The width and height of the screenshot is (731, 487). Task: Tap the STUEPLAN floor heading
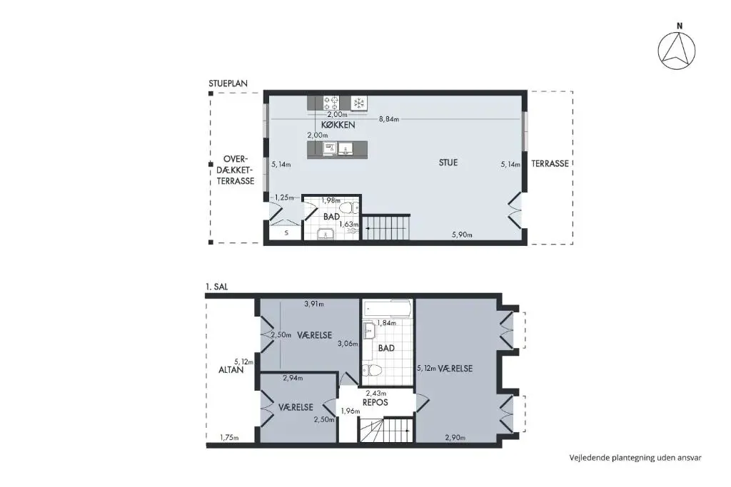point(228,84)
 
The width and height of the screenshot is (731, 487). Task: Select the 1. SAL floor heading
point(217,287)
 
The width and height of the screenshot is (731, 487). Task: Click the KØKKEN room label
point(338,125)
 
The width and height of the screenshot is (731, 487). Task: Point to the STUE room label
point(448,163)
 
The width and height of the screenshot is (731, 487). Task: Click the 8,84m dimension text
point(389,119)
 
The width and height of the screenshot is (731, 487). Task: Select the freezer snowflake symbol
point(359,103)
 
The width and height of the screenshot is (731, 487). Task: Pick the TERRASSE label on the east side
point(550,163)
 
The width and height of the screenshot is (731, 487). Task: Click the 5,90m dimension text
point(462,235)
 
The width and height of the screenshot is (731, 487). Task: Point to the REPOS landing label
point(375,402)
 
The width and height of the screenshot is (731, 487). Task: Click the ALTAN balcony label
point(231,369)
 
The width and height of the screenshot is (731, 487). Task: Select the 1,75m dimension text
point(229,438)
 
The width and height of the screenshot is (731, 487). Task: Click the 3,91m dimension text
point(314,304)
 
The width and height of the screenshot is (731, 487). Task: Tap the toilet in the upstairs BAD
point(373,371)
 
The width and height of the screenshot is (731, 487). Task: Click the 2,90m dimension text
point(455,438)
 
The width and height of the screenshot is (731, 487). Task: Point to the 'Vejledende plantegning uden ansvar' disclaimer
point(635,458)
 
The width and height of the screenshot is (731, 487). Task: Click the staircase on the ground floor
point(386,227)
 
